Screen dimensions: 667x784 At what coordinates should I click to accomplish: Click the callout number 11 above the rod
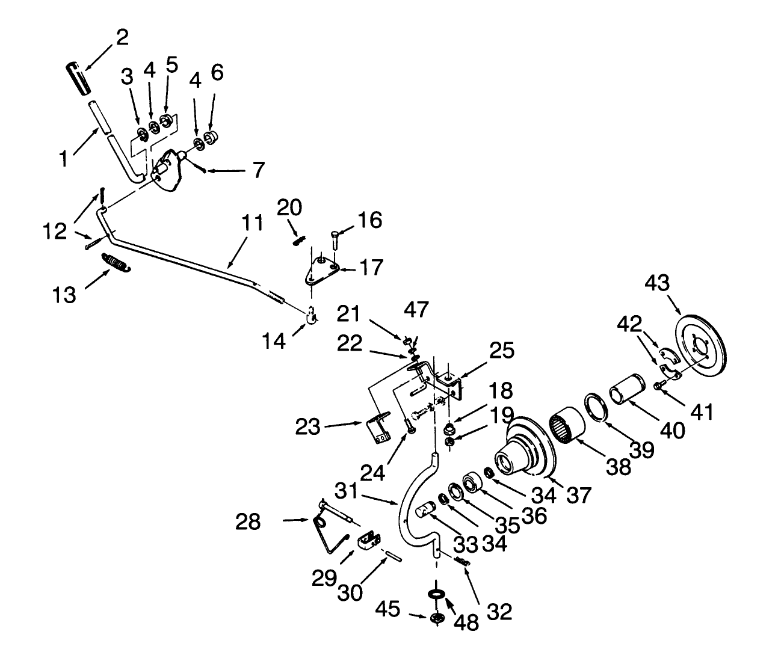pos(253,224)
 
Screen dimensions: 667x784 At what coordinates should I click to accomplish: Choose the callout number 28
pos(248,521)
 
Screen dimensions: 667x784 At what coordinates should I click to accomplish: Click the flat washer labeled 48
pos(436,594)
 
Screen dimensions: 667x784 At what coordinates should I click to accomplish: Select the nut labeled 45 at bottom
pos(437,618)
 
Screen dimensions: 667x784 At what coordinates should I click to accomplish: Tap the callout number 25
pos(501,351)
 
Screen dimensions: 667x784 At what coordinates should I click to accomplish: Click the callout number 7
pos(258,170)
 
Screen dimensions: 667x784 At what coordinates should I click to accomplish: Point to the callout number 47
pos(416,310)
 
